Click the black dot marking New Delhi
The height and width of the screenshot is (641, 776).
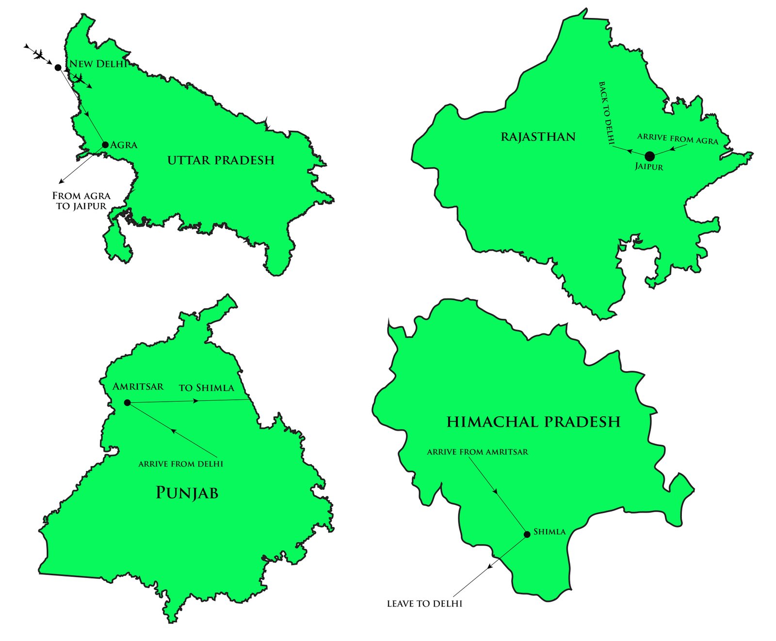pos(58,67)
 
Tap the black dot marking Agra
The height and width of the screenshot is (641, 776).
pos(105,144)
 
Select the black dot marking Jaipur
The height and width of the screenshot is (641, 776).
pos(649,156)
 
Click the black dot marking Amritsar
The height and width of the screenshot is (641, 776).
pos(127,403)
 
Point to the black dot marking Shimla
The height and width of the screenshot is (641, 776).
pos(527,534)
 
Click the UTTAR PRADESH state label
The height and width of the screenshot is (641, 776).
pos(221,160)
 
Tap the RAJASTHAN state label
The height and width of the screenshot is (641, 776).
pos(538,137)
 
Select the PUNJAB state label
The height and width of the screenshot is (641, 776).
pos(187,493)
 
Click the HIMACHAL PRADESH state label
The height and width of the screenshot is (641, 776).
pos(533,422)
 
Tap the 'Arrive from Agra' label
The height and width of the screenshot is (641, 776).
pos(678,139)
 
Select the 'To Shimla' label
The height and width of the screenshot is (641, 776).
pos(206,388)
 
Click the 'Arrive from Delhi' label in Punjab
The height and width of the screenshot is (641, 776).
pos(180,464)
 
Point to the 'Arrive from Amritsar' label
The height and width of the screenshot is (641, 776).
pos(477,452)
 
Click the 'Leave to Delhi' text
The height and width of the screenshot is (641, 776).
pos(424,604)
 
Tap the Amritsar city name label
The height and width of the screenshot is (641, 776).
pos(138,387)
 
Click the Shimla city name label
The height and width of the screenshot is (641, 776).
pos(550,532)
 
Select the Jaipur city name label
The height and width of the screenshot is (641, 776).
pos(649,167)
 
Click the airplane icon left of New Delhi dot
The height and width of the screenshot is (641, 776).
pos(38,54)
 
